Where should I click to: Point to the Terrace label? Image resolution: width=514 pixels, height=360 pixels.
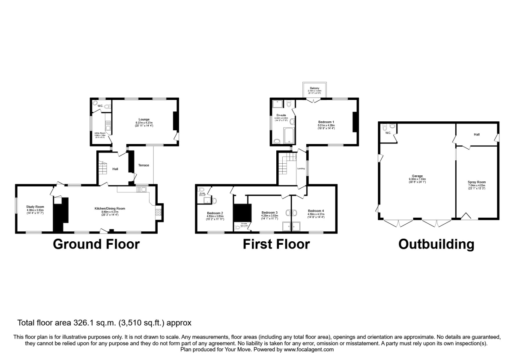click(143, 165)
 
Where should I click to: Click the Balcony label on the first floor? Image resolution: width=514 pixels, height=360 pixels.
click(314, 88)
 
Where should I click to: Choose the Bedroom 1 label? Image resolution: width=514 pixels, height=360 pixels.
click(326, 122)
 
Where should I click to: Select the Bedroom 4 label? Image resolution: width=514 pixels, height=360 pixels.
click(316, 210)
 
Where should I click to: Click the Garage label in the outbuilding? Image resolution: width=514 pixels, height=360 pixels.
click(418, 176)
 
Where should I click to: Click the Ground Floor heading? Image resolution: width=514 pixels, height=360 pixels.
click(96, 244)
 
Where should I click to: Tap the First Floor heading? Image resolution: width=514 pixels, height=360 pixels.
click(276, 244)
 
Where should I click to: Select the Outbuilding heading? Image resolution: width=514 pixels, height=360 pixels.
click(436, 244)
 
